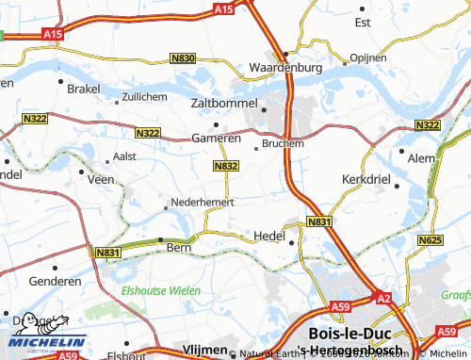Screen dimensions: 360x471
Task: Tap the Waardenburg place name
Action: point(285,68)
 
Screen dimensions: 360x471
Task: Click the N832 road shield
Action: point(225,166)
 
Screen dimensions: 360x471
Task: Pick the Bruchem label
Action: point(284,144)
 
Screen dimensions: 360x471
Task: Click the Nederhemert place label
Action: point(202,202)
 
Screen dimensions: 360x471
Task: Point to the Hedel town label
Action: point(269,237)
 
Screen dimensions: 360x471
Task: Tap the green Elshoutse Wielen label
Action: point(160,291)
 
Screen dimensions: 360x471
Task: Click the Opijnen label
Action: point(367,57)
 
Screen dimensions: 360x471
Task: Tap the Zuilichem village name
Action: point(145,96)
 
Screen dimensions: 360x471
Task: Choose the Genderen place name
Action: point(55,281)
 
